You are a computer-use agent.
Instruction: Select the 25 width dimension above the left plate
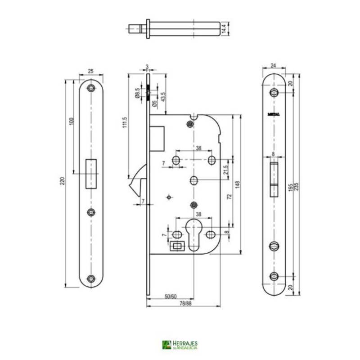point(91,71)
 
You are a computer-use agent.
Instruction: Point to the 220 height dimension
point(63,181)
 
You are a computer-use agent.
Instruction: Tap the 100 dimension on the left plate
point(71,122)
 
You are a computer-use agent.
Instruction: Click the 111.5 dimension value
point(125,122)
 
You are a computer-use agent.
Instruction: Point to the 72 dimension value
point(228,196)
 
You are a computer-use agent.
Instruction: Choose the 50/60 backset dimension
point(170,297)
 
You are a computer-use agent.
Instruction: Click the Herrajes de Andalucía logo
point(180,345)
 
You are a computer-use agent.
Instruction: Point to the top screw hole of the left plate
point(92,88)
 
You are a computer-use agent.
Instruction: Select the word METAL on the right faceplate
point(274,114)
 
